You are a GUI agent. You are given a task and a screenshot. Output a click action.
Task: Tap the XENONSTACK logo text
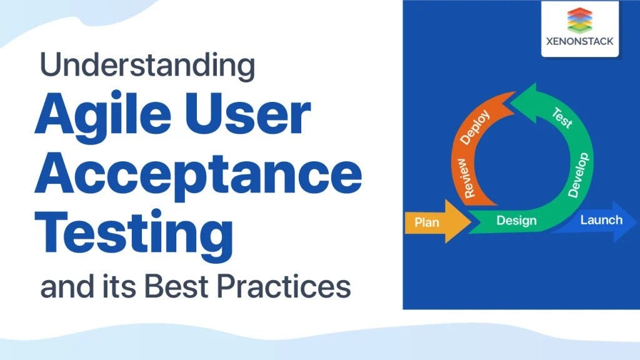click(x=579, y=41)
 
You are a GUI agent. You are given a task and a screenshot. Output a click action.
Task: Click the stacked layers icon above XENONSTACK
click(x=579, y=20)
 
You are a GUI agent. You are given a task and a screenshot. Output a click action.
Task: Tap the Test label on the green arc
click(x=563, y=117)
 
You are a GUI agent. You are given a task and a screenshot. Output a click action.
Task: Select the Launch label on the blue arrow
click(x=601, y=220)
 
